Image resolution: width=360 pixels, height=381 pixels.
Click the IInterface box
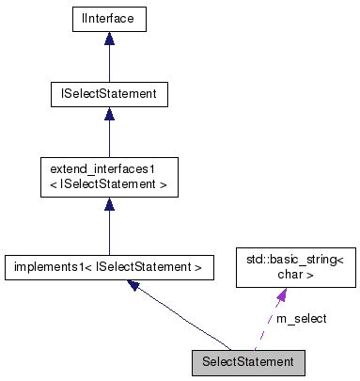point(109,18)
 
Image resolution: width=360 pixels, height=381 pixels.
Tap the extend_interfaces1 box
point(109,177)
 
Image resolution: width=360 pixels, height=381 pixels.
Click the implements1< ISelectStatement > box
point(109,267)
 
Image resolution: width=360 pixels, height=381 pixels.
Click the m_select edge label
point(301,319)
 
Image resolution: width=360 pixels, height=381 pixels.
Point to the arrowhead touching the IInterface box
point(109,39)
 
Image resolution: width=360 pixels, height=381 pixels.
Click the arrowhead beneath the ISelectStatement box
point(109,114)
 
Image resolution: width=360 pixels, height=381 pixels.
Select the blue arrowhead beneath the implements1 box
point(135,285)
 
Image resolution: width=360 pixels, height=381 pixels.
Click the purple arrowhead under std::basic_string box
point(281,294)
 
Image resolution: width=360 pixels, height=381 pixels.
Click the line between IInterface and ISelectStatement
point(109,64)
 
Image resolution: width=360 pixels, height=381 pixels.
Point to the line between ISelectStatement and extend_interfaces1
point(109,139)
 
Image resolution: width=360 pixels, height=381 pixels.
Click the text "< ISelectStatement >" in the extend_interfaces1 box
point(109,184)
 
